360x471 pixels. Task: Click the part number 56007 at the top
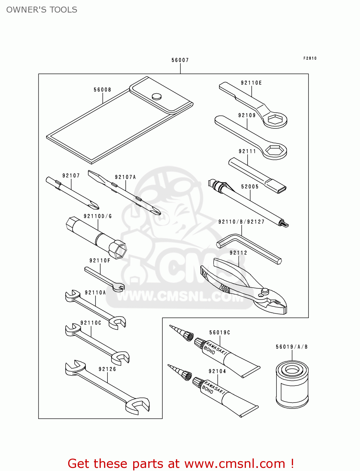click(x=180, y=60)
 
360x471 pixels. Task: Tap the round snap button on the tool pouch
click(x=156, y=96)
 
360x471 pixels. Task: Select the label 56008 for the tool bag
click(x=102, y=90)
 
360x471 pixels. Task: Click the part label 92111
click(x=247, y=151)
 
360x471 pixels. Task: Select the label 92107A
click(x=125, y=177)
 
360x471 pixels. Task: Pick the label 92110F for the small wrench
click(x=100, y=261)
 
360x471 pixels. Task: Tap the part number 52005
click(x=250, y=187)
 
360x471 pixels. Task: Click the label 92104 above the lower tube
click(x=217, y=371)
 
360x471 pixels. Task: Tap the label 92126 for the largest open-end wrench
click(x=107, y=369)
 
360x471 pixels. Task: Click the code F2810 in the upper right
click(x=310, y=58)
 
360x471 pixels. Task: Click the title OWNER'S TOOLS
click(x=42, y=10)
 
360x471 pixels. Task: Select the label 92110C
click(x=91, y=323)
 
